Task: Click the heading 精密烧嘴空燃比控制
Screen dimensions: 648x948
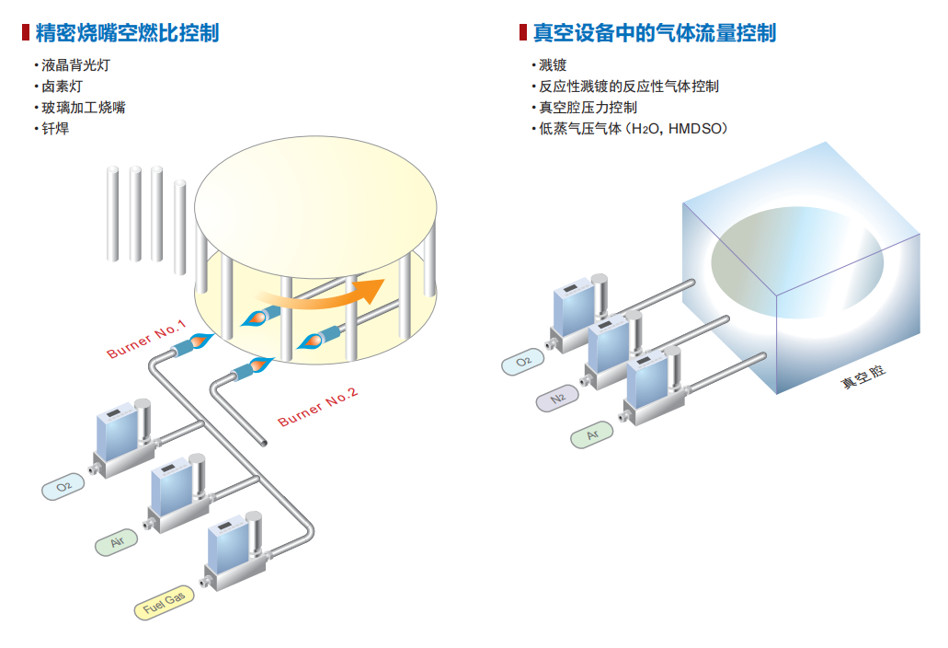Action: coord(127,34)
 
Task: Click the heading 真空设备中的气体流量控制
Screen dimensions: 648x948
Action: coord(654,34)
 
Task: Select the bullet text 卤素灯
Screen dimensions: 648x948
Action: coord(63,87)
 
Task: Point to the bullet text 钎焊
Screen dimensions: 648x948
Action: coord(55,128)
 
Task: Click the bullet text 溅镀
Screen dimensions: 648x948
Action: coord(553,66)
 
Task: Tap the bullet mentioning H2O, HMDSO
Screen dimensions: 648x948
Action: coord(634,129)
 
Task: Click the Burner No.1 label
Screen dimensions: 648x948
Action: coord(146,339)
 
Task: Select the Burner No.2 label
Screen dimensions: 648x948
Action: coord(318,407)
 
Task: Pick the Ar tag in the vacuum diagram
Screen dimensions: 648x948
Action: coord(593,434)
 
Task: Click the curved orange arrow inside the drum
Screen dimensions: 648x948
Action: coord(322,294)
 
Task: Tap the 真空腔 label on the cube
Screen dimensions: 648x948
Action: coord(861,377)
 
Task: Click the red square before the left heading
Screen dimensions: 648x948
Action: coord(26,34)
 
